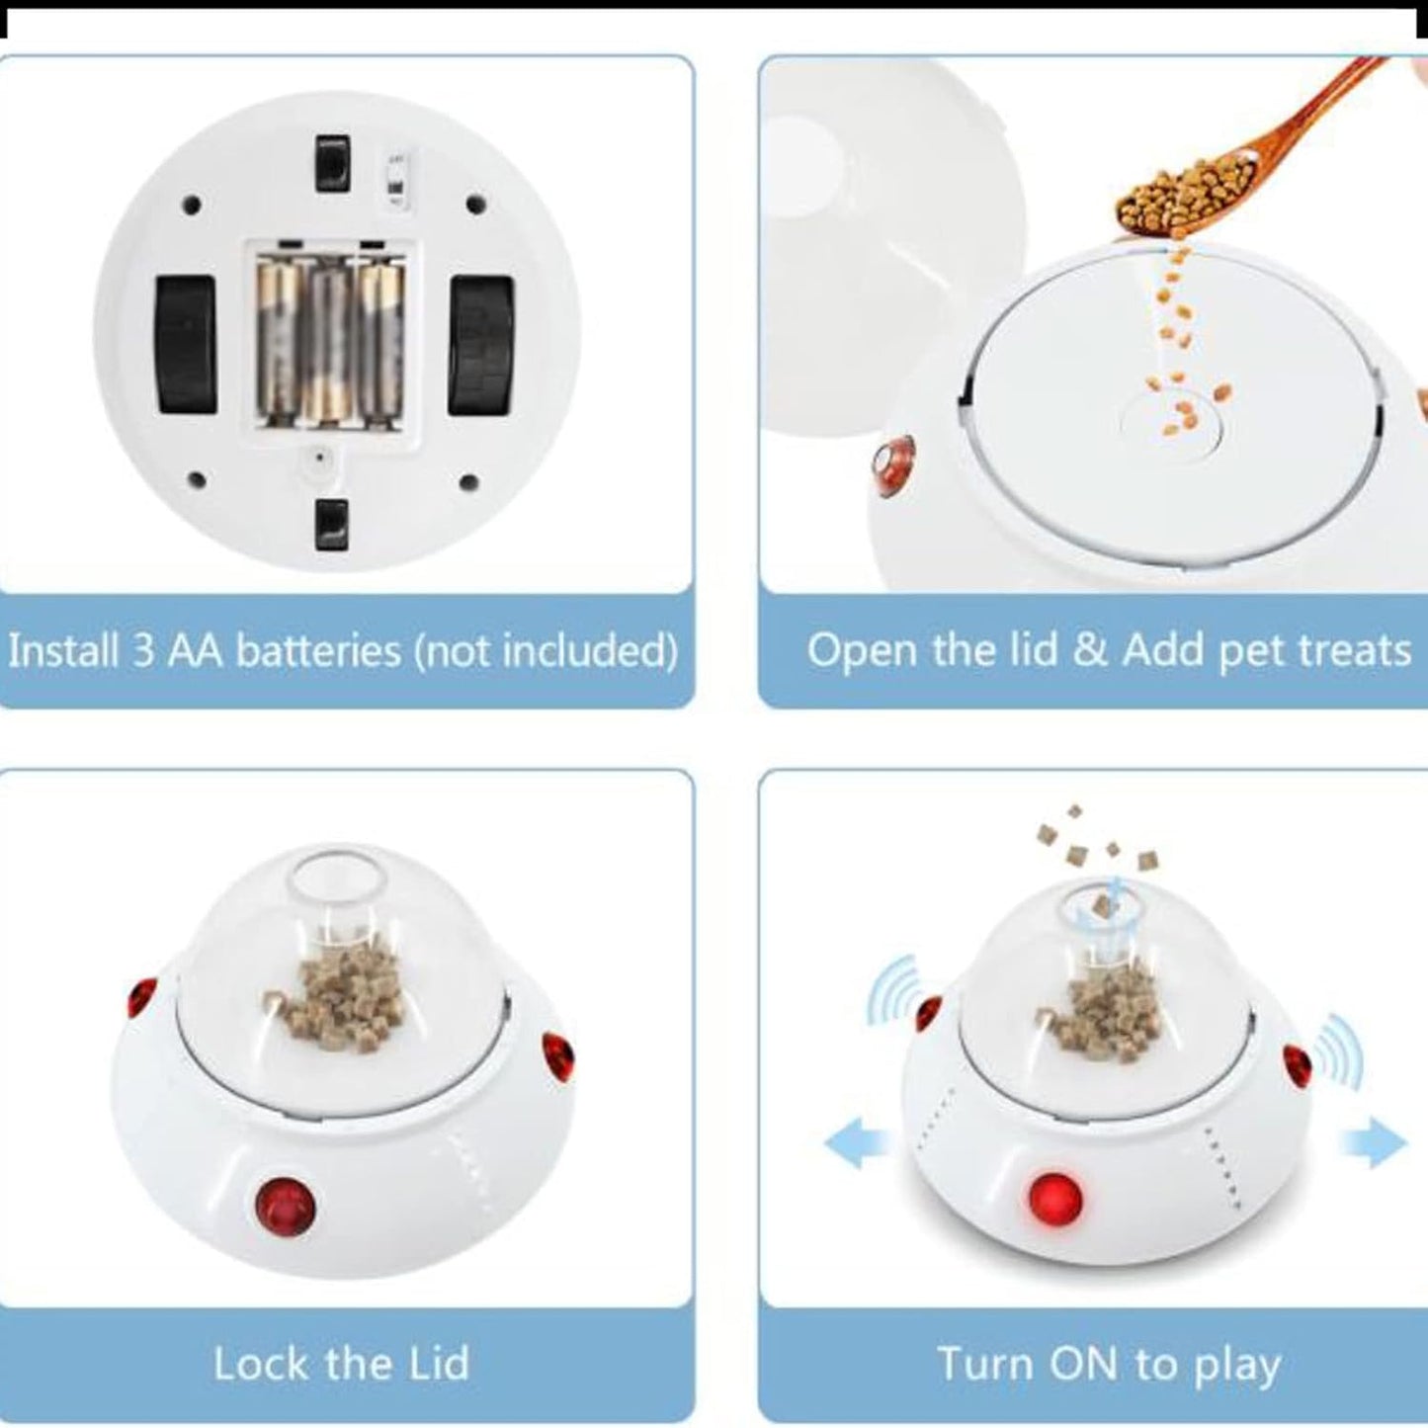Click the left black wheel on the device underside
point(186,344)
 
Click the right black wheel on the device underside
point(481,345)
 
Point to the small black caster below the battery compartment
point(332,524)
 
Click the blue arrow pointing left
point(857,1144)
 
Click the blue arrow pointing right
point(1374,1143)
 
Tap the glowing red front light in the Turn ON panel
point(1055,1196)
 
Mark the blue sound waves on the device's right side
point(1339,1051)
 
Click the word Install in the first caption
point(63,650)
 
